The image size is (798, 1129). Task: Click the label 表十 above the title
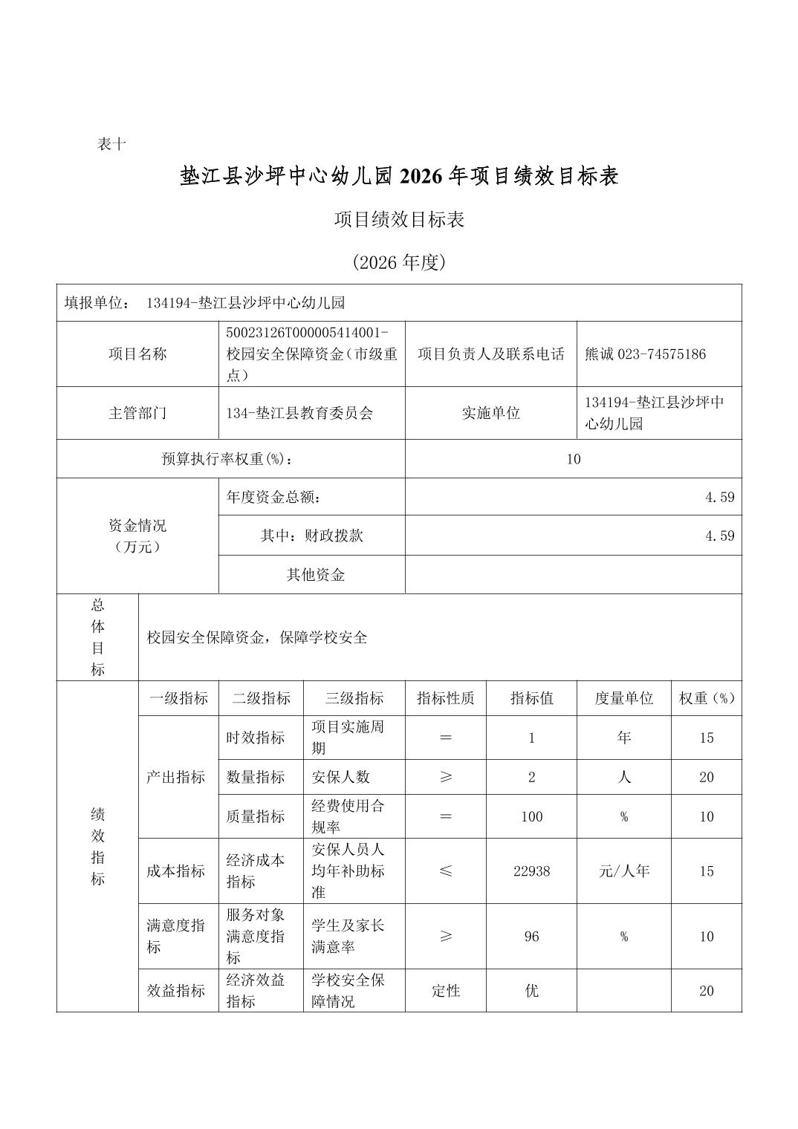(111, 145)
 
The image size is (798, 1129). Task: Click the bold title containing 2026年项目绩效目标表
(399, 177)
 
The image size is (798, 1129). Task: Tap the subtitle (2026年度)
(399, 262)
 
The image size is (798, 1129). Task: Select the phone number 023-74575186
(661, 354)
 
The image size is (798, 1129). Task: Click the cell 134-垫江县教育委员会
(299, 413)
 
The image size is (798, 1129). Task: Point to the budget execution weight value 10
(573, 459)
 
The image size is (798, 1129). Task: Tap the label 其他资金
(316, 575)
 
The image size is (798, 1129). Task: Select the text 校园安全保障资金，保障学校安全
(257, 638)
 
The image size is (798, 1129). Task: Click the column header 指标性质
(446, 699)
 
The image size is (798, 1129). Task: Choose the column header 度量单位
(623, 699)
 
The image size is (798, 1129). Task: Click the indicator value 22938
(531, 871)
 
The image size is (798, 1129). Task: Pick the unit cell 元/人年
(623, 871)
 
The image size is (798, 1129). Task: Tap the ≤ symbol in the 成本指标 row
(446, 871)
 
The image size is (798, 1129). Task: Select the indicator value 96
(531, 937)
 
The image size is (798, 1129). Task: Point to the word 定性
(446, 991)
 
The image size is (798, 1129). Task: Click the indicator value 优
(531, 991)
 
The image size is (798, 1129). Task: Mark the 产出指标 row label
(176, 778)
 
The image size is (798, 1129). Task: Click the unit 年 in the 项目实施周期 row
(623, 738)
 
